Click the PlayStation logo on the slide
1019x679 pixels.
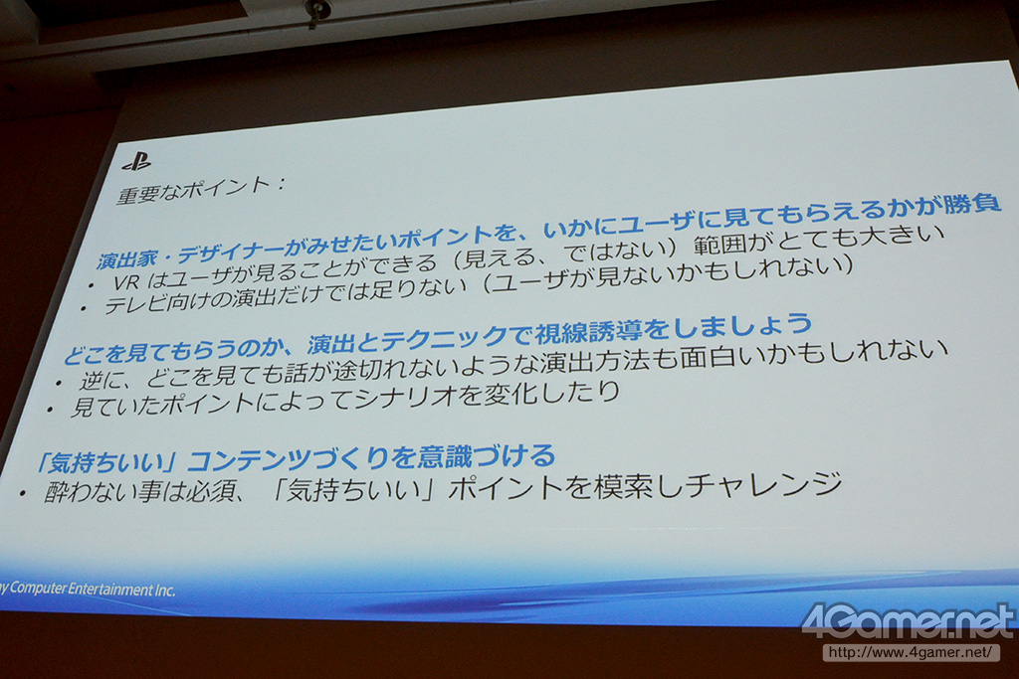[x=136, y=161]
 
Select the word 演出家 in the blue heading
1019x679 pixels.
[x=127, y=257]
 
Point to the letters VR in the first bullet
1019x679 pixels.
[x=126, y=281]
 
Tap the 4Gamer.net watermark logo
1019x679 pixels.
[x=908, y=622]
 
